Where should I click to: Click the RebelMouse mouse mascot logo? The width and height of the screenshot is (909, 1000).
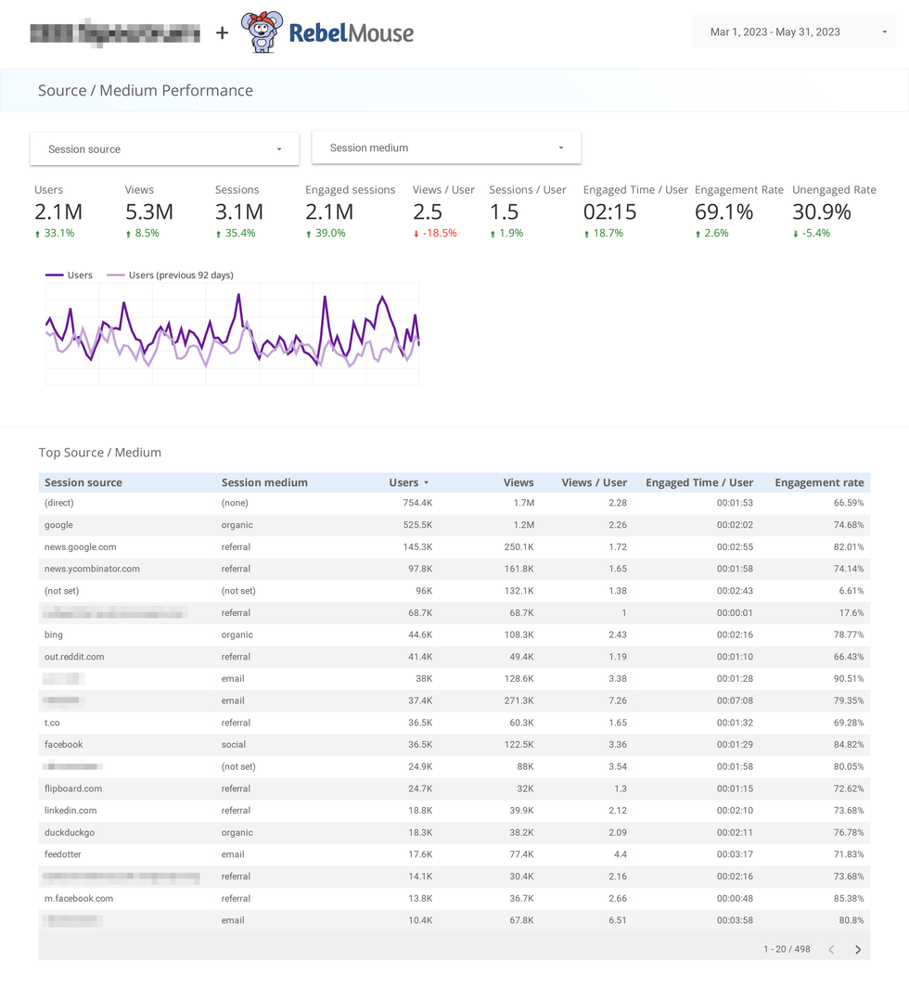coord(262,32)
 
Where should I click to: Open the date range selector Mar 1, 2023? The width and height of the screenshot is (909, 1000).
coord(793,32)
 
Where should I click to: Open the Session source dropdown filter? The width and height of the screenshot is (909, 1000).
coord(164,149)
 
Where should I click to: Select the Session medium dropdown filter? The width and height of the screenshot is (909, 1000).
coord(446,147)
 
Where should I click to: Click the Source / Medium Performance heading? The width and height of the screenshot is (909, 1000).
coord(146,91)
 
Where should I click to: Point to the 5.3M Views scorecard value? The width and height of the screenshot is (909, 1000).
coord(149,212)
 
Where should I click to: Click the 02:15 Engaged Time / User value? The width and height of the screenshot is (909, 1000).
coord(609,212)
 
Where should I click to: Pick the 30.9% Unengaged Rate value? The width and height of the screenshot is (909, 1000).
coord(821,212)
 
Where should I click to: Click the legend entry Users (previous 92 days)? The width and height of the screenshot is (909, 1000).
coord(180,276)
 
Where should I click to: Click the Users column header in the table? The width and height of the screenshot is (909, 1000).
coord(403,482)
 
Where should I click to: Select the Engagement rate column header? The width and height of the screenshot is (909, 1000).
coord(819,482)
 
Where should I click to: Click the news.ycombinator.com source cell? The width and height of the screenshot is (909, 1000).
coord(92,569)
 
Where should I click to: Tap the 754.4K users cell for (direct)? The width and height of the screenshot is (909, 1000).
coord(416,503)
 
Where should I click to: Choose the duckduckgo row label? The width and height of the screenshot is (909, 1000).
coord(70,833)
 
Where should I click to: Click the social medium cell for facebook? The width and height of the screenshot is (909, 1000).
coord(234,745)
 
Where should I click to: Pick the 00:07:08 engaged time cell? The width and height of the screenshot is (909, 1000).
coord(734,701)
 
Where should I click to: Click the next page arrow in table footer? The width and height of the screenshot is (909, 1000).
coord(858,950)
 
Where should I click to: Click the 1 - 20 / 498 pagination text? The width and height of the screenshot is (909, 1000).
coord(787,950)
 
